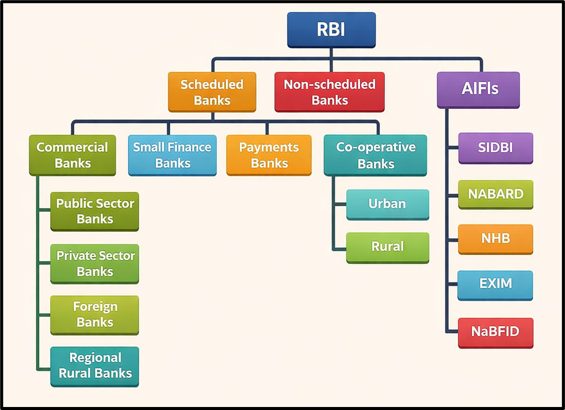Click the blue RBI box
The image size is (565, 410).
tap(331, 29)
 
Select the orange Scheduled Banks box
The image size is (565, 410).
tap(212, 92)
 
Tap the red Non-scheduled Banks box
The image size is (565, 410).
tap(329, 92)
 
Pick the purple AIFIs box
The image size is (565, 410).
tap(478, 90)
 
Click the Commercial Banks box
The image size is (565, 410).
tap(72, 155)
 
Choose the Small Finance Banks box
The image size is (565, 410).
tap(172, 155)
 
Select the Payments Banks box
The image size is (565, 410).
tap(269, 155)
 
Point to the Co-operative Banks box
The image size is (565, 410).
tap(375, 155)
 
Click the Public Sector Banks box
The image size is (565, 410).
tap(94, 210)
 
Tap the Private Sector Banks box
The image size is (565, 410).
tap(94, 263)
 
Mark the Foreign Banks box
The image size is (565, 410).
tap(94, 314)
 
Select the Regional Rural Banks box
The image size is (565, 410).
tap(94, 366)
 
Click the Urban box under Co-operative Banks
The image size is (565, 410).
tap(387, 204)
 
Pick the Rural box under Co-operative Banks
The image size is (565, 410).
tap(387, 246)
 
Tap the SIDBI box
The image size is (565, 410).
tap(495, 147)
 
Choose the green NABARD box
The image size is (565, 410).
tap(495, 194)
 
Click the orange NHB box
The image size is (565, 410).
tap(495, 239)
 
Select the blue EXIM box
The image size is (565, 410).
tap(495, 284)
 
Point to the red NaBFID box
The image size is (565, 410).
tap(495, 332)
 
